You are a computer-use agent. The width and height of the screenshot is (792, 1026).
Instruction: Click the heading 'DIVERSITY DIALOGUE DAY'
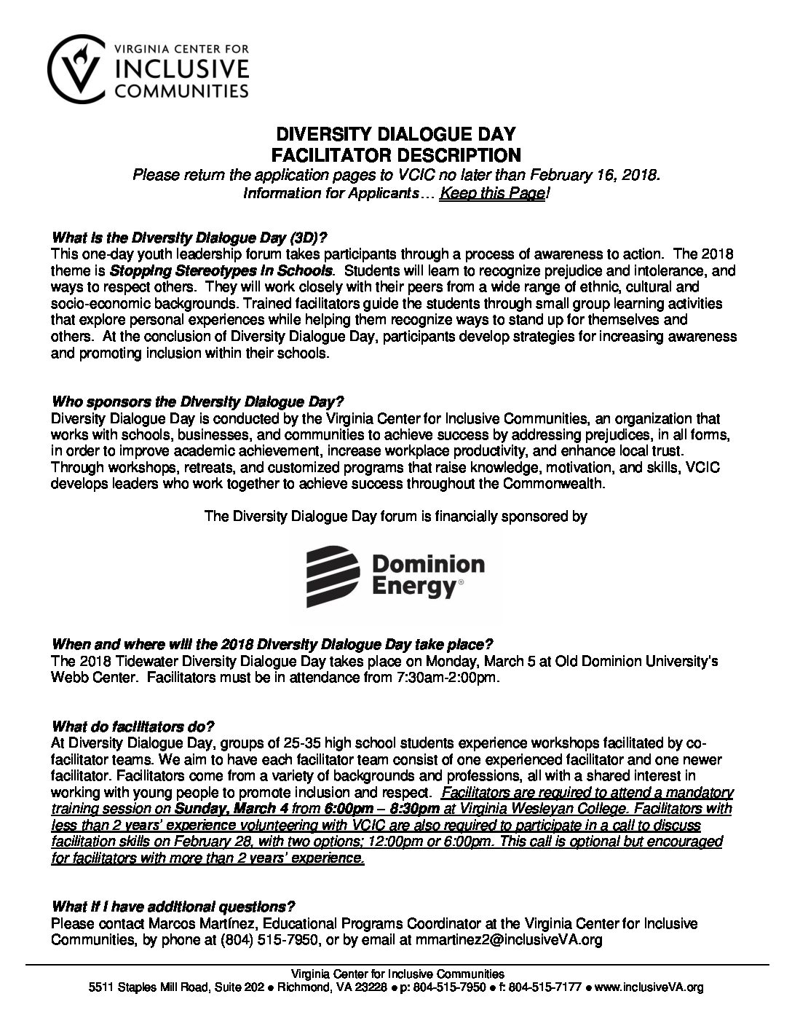395,135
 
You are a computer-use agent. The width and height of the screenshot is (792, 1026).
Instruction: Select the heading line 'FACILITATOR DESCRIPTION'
395,154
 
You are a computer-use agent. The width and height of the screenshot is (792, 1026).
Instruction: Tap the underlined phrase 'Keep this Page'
492,193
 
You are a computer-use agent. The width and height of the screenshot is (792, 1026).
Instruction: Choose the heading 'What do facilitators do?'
133,706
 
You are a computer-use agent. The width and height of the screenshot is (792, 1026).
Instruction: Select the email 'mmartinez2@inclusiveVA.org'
509,940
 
